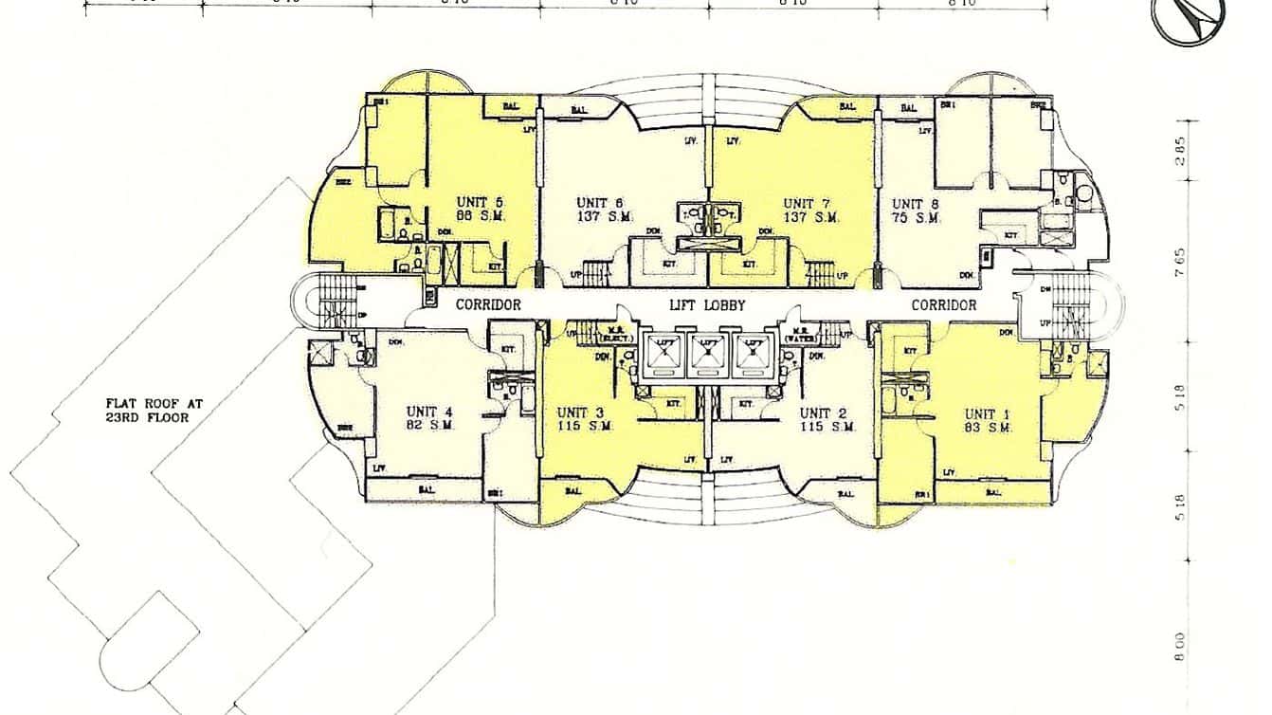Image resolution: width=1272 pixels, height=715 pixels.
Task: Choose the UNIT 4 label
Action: [429, 412]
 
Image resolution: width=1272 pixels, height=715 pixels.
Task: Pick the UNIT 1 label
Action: [987, 413]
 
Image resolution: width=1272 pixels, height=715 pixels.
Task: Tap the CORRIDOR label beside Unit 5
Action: [488, 305]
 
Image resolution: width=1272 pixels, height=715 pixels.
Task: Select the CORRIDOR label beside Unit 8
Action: [943, 305]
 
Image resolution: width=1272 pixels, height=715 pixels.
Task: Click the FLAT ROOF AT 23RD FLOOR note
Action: [154, 410]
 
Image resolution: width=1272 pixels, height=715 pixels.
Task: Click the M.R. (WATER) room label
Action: [802, 332]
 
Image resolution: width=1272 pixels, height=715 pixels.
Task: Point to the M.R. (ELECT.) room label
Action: [604, 332]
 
